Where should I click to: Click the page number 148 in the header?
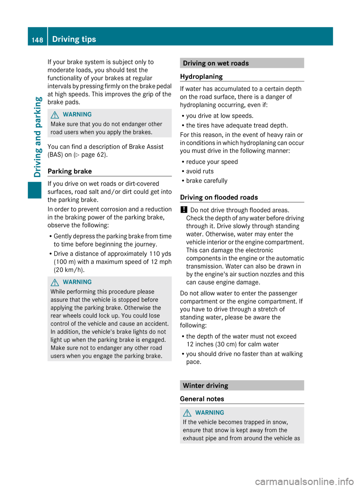click(x=37, y=40)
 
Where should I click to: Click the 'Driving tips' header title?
click(x=74, y=39)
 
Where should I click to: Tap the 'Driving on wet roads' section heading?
click(x=216, y=63)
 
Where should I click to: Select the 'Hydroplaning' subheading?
click(x=201, y=76)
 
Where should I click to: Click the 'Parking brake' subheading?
click(x=70, y=171)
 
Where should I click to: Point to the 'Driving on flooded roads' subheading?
click(x=219, y=197)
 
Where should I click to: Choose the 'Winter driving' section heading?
click(x=205, y=386)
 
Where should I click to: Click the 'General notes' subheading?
click(x=202, y=399)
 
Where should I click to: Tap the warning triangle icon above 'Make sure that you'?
click(x=55, y=115)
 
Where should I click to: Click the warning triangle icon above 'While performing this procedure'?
click(x=55, y=282)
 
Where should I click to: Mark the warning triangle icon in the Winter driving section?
click(x=187, y=413)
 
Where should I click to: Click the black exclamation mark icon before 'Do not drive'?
click(x=184, y=210)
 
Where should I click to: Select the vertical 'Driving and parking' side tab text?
click(x=37, y=137)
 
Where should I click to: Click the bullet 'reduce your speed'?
click(x=212, y=162)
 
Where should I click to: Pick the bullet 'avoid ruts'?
click(x=200, y=171)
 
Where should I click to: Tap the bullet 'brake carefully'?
click(x=207, y=181)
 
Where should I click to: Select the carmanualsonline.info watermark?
click(x=304, y=481)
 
